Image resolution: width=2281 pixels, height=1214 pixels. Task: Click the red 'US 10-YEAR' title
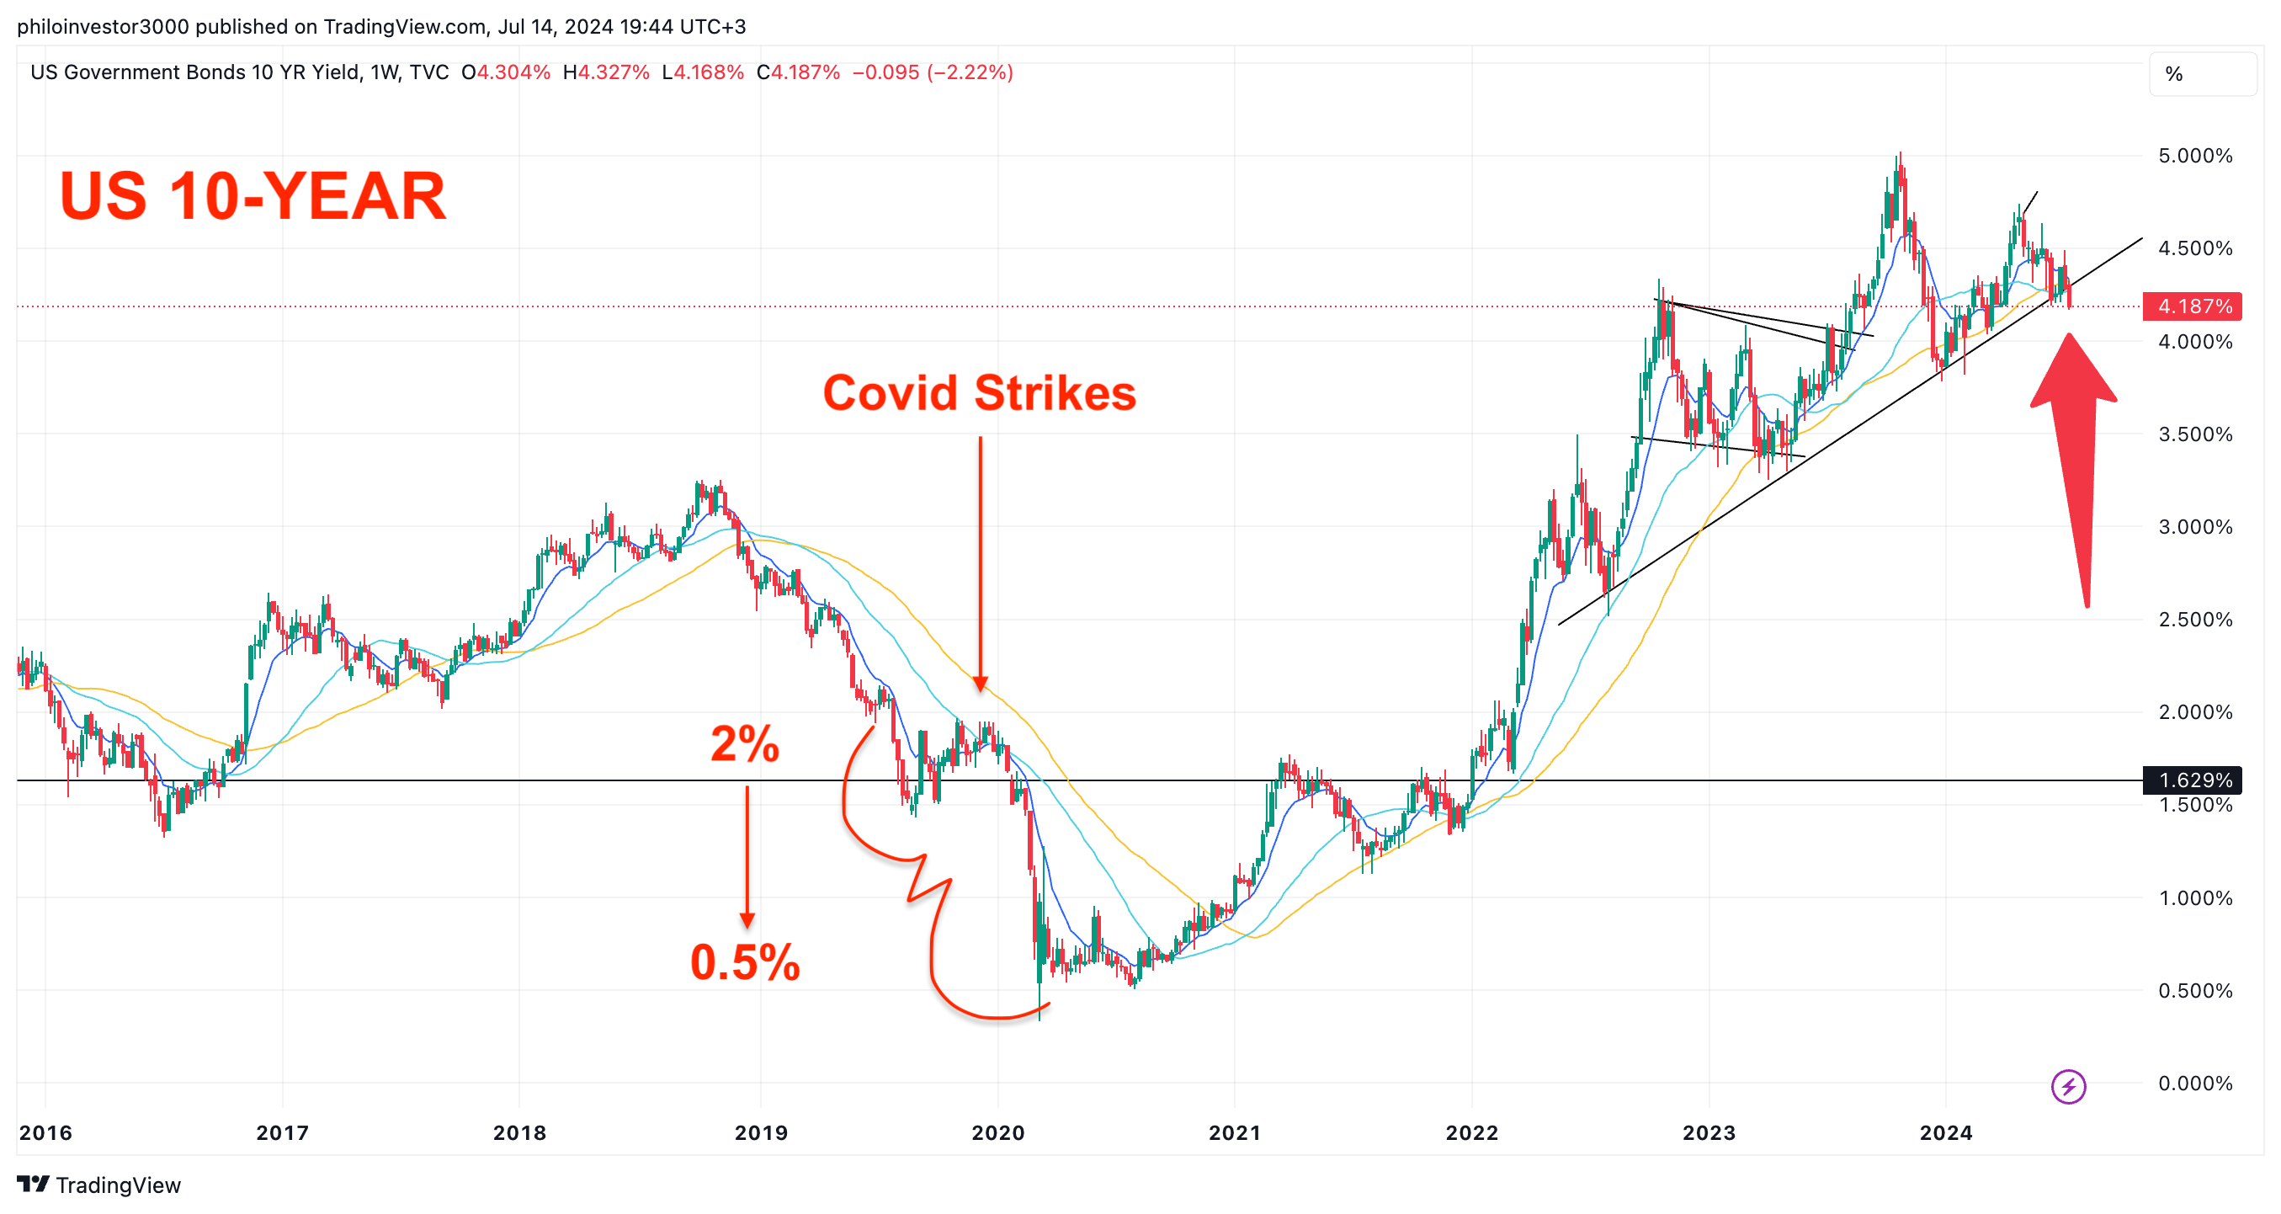pyautogui.click(x=253, y=195)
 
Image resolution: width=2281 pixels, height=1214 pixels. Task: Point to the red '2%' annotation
pyautogui.click(x=744, y=744)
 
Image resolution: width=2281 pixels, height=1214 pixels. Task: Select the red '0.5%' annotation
pyautogui.click(x=744, y=961)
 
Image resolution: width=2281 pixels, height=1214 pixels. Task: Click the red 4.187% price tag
pyautogui.click(x=2191, y=306)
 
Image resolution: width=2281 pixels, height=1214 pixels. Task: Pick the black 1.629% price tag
pyautogui.click(x=2191, y=780)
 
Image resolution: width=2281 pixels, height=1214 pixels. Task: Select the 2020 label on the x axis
pyautogui.click(x=998, y=1132)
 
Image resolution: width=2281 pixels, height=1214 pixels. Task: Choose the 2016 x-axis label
pyautogui.click(x=45, y=1132)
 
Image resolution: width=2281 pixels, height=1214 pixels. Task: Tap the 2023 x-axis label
pyautogui.click(x=1708, y=1132)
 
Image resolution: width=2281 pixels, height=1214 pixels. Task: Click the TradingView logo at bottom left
pyautogui.click(x=98, y=1185)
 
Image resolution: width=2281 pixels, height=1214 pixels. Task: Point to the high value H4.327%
pyautogui.click(x=607, y=72)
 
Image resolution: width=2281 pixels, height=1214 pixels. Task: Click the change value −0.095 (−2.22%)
pyautogui.click(x=933, y=72)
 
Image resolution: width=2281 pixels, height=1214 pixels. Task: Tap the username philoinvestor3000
pyautogui.click(x=103, y=27)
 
